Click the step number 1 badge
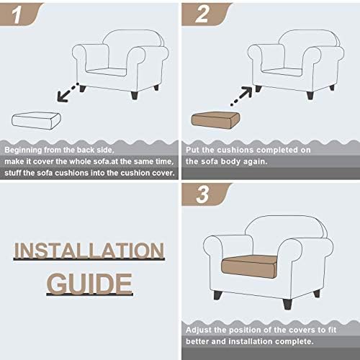(x=19, y=14)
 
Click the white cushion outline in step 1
(x=36, y=121)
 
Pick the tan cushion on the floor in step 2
(x=215, y=120)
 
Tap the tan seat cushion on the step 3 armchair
(x=249, y=267)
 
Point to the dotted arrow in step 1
(x=68, y=92)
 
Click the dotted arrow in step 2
(x=241, y=96)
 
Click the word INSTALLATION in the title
(x=89, y=251)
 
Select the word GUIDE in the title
(x=89, y=284)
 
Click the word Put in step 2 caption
(x=192, y=150)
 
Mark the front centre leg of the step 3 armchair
(x=287, y=304)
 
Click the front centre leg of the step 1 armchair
(x=135, y=95)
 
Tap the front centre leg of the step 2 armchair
(x=310, y=95)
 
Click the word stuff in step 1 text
(x=13, y=173)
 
